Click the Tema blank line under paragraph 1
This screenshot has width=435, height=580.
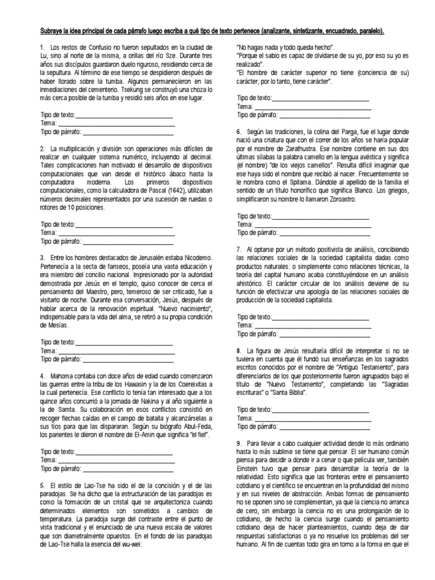(x=116, y=123)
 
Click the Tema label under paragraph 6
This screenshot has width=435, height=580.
(x=245, y=225)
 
